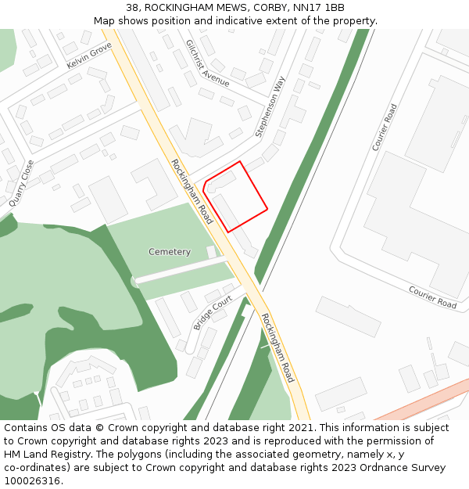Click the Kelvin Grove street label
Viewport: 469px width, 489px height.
pyautogui.click(x=89, y=55)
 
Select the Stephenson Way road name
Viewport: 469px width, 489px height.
pyautogui.click(x=270, y=107)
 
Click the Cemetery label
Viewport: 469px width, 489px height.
pyautogui.click(x=170, y=252)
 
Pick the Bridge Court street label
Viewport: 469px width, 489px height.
pyautogui.click(x=213, y=313)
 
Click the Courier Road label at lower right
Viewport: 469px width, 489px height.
pyautogui.click(x=432, y=297)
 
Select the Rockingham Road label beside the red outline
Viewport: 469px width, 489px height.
pyautogui.click(x=192, y=191)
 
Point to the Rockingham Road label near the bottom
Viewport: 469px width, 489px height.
pyautogui.click(x=277, y=347)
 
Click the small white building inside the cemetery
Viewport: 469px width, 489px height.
pyautogui.click(x=211, y=252)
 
